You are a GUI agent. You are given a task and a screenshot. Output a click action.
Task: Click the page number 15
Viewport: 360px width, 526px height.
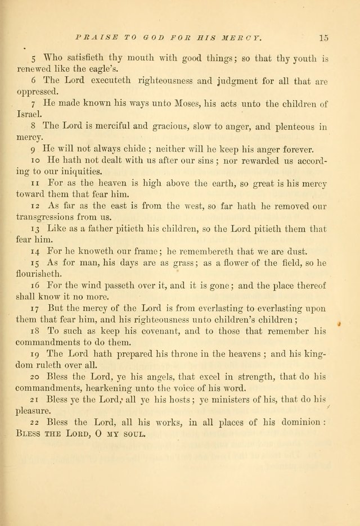point(323,38)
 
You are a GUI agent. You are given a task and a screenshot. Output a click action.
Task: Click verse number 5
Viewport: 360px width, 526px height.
point(33,58)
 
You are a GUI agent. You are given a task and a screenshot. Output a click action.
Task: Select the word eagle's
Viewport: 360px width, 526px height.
point(118,69)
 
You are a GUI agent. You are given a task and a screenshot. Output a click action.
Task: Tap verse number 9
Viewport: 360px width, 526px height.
point(33,149)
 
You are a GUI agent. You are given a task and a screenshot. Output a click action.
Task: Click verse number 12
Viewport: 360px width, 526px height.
point(34,206)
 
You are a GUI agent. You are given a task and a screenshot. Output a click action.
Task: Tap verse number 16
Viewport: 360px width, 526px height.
point(35,286)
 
